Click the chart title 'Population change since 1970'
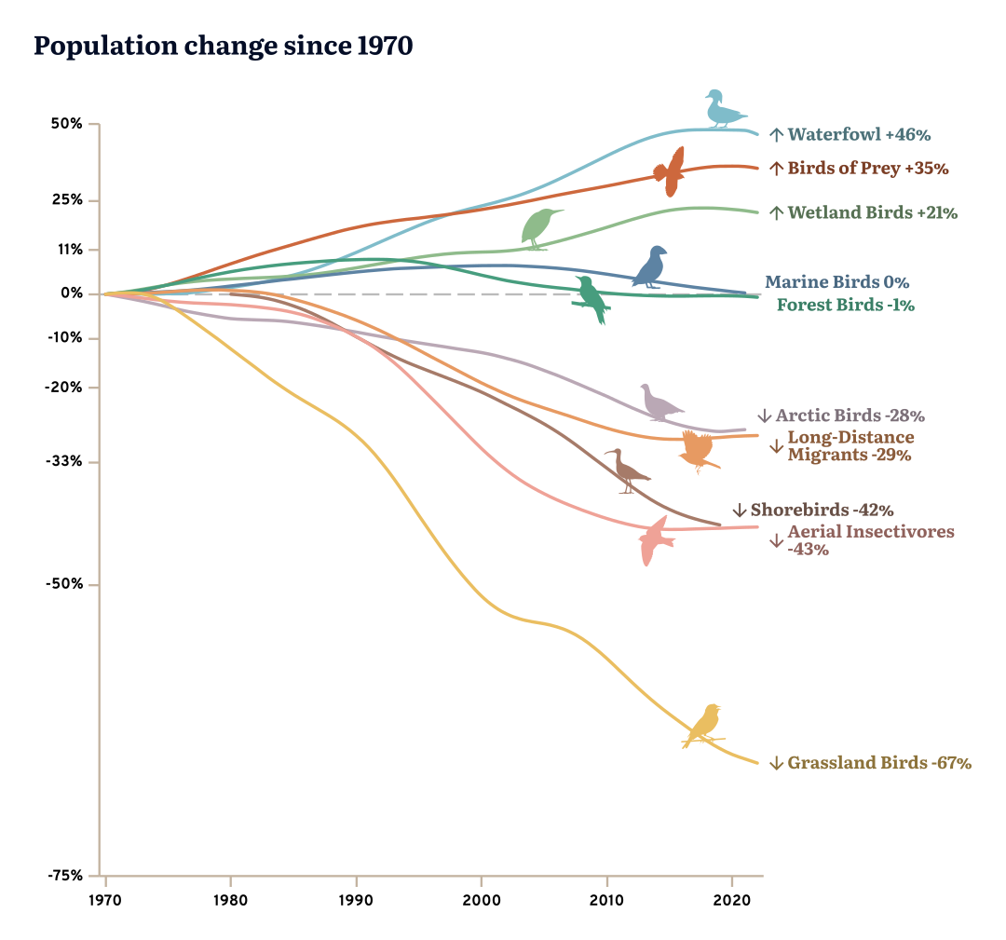point(223,47)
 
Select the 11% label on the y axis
point(71,250)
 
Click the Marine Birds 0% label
point(836,282)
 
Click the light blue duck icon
point(723,109)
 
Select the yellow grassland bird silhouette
point(704,726)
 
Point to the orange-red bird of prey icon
point(671,171)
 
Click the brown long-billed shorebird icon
point(627,471)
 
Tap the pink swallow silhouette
point(654,540)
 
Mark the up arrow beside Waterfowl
point(776,135)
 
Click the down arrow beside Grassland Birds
point(776,764)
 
